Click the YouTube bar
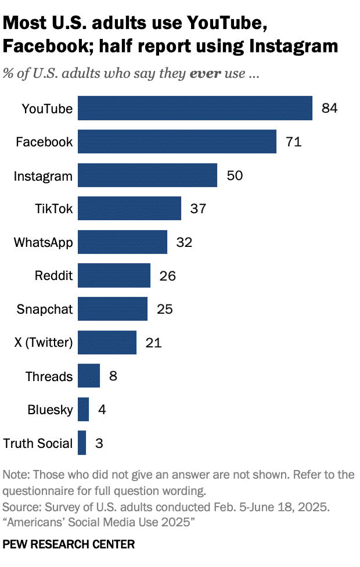(x=195, y=108)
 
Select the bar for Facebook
(x=177, y=142)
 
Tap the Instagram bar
(x=147, y=175)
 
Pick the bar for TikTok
(x=129, y=209)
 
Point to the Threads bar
(x=88, y=376)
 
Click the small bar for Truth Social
(x=81, y=443)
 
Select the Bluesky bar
(x=83, y=410)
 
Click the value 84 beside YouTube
(x=329, y=108)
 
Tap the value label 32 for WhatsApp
(x=184, y=242)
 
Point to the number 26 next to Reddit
(x=167, y=276)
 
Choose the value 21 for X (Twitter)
(x=153, y=343)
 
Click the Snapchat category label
(x=45, y=309)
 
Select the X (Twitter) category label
(x=43, y=343)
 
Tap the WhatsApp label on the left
(x=44, y=242)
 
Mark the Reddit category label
(x=53, y=276)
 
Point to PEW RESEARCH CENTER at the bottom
(x=69, y=544)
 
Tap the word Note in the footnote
(x=15, y=475)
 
